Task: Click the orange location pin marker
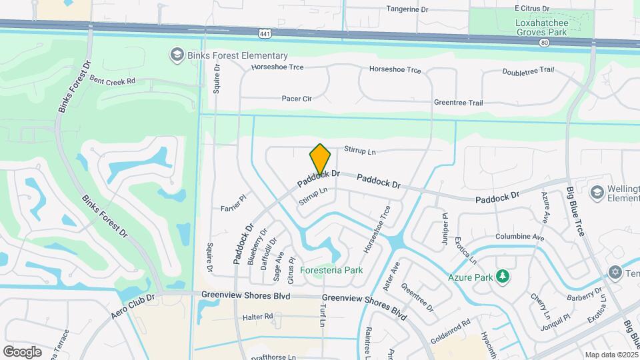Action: tap(320, 160)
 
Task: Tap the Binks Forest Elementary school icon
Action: tap(177, 55)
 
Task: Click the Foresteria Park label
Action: tap(331, 270)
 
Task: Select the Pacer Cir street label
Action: tap(297, 99)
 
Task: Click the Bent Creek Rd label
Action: tap(112, 80)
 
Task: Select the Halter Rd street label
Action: tap(258, 316)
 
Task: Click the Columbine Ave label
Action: tap(519, 237)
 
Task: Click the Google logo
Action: tap(22, 351)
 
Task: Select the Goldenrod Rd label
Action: tap(451, 331)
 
